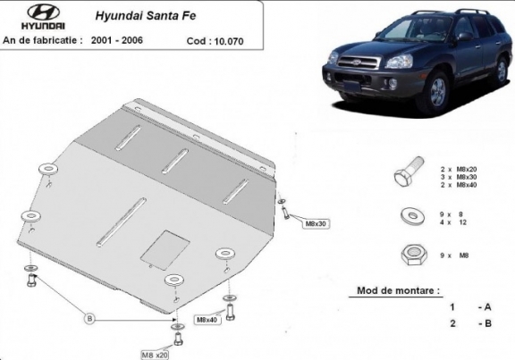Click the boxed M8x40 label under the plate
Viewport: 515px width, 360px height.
207,319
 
